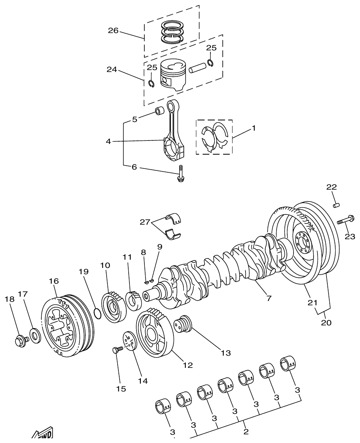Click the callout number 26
pos(113,31)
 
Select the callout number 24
pos(112,70)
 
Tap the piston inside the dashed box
pos(173,75)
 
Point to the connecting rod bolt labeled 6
pos(180,174)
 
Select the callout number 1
pos(254,128)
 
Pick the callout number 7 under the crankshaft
pos(269,298)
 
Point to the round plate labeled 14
pos(130,340)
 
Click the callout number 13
pos(225,353)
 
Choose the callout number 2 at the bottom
pos(246,432)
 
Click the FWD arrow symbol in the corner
pos(42,433)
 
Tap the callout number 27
pos(144,222)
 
